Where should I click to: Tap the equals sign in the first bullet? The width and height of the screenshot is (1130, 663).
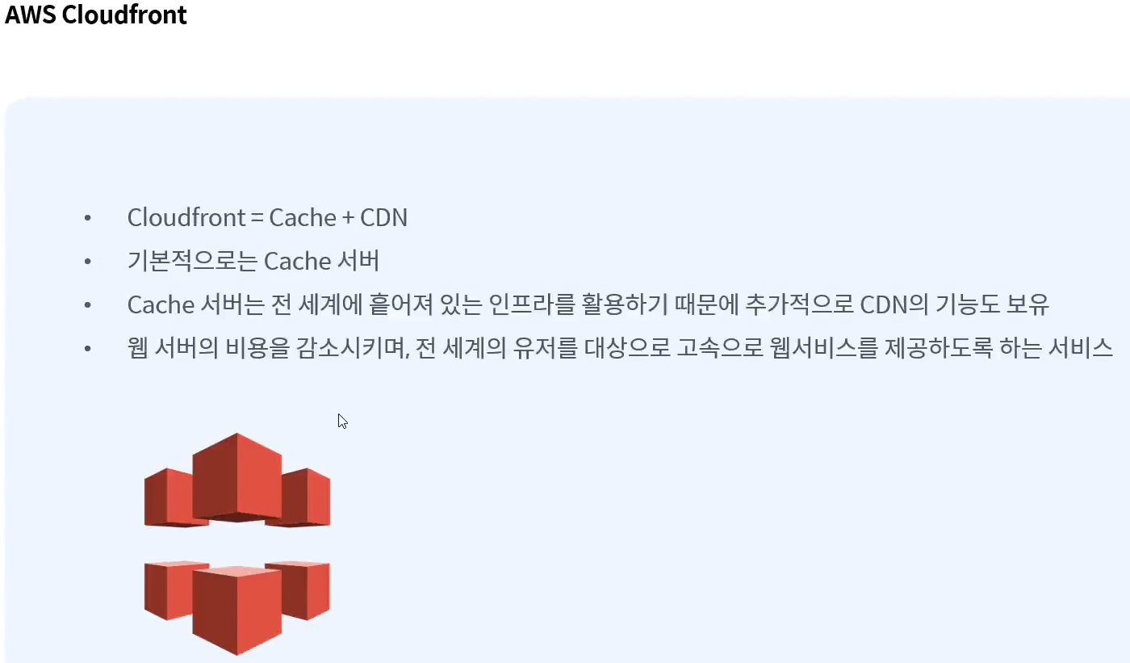click(x=257, y=218)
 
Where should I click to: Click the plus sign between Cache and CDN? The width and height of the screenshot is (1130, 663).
click(x=348, y=218)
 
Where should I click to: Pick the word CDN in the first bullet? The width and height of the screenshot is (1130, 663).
click(x=383, y=218)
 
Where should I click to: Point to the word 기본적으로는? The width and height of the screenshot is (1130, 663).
click(x=192, y=262)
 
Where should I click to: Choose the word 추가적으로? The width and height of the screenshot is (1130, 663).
click(x=793, y=305)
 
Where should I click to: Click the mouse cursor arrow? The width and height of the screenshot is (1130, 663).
click(x=341, y=420)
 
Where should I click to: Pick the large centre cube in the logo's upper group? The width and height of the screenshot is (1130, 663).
click(x=236, y=478)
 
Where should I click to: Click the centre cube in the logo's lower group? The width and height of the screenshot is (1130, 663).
click(x=236, y=610)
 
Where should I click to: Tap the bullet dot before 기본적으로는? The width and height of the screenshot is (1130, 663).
click(x=88, y=262)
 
